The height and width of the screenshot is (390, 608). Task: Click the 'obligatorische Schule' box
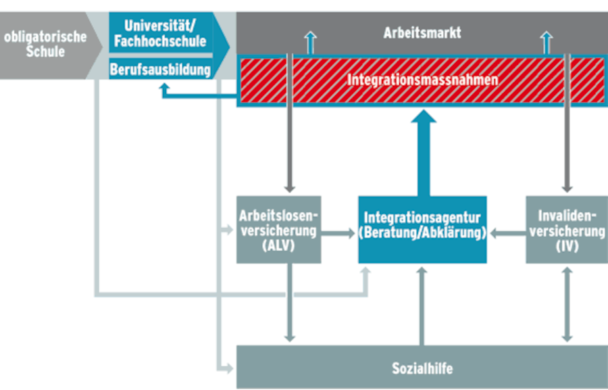[x=45, y=43]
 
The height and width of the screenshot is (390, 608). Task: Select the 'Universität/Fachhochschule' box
[x=160, y=34]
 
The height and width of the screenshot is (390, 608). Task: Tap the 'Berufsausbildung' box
[x=161, y=69]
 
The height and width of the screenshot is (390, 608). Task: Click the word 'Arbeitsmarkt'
[x=422, y=32]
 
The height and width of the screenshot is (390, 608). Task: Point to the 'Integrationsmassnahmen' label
[x=422, y=80]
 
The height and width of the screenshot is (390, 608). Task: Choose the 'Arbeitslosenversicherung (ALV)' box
[x=278, y=230]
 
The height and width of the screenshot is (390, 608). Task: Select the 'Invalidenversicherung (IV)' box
[x=566, y=230]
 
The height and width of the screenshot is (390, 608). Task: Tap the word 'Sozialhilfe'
[x=422, y=368]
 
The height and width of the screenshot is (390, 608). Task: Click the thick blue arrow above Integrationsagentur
[x=424, y=152]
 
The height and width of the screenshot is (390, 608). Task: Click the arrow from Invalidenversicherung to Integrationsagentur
[x=507, y=234]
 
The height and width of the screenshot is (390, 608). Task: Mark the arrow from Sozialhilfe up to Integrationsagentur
[x=424, y=304]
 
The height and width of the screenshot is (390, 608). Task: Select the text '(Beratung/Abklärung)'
[x=422, y=234]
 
